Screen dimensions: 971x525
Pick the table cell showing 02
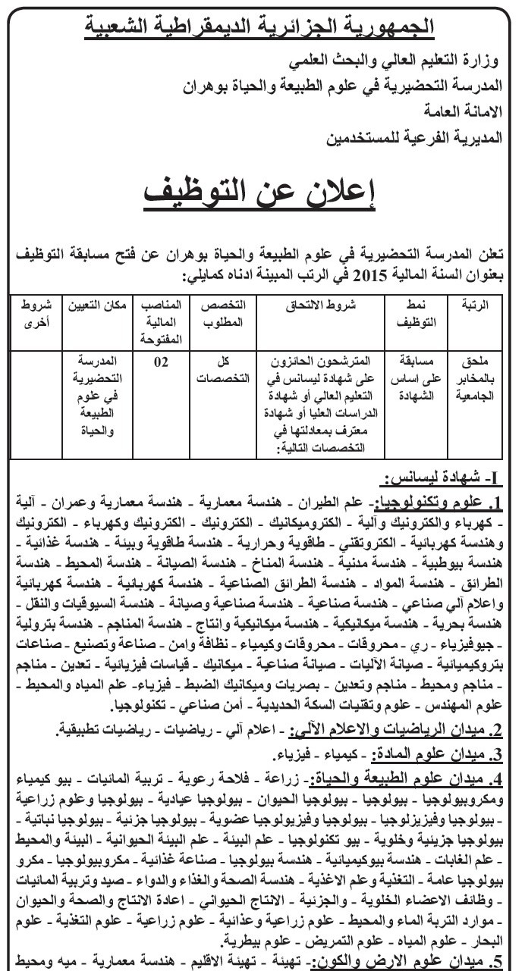click(x=162, y=362)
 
